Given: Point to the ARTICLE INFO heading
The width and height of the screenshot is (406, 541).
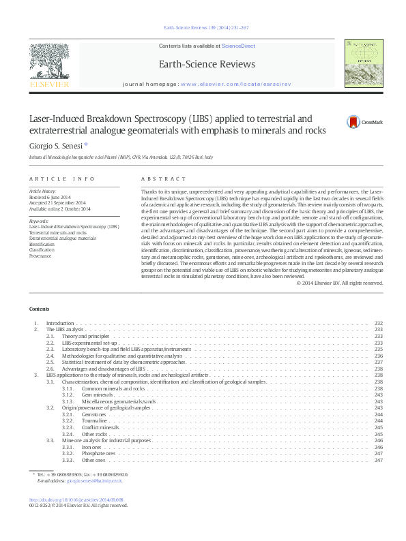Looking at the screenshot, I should [x=61, y=179].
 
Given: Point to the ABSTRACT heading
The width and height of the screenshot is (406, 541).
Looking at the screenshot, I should [x=163, y=179].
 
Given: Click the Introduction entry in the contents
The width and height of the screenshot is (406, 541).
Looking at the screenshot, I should [x=60, y=323].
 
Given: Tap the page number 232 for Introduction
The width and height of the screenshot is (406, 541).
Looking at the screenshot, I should [x=379, y=323].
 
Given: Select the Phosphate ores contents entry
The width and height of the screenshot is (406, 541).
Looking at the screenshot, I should [x=100, y=453].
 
